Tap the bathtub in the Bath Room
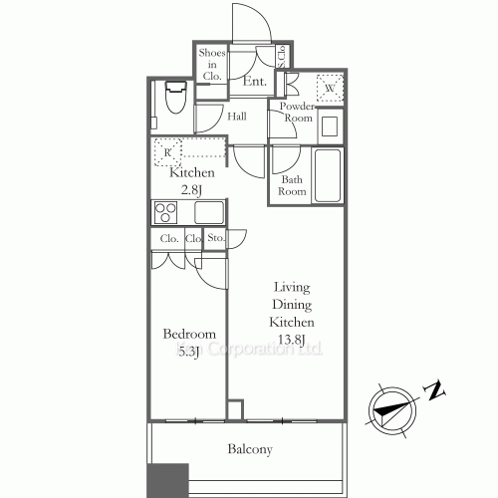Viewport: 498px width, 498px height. tap(327, 176)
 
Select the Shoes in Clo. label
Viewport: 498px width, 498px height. tap(211, 63)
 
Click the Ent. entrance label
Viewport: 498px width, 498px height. tap(254, 83)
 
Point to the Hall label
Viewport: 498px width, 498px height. tap(237, 117)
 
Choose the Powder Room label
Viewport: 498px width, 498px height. tap(297, 112)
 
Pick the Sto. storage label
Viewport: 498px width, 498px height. tap(215, 239)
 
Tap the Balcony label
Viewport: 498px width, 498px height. tap(249, 450)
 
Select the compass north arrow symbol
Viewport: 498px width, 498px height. tap(389, 406)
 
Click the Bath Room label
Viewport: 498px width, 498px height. tap(292, 185)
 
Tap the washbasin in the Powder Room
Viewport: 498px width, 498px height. tap(331, 127)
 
